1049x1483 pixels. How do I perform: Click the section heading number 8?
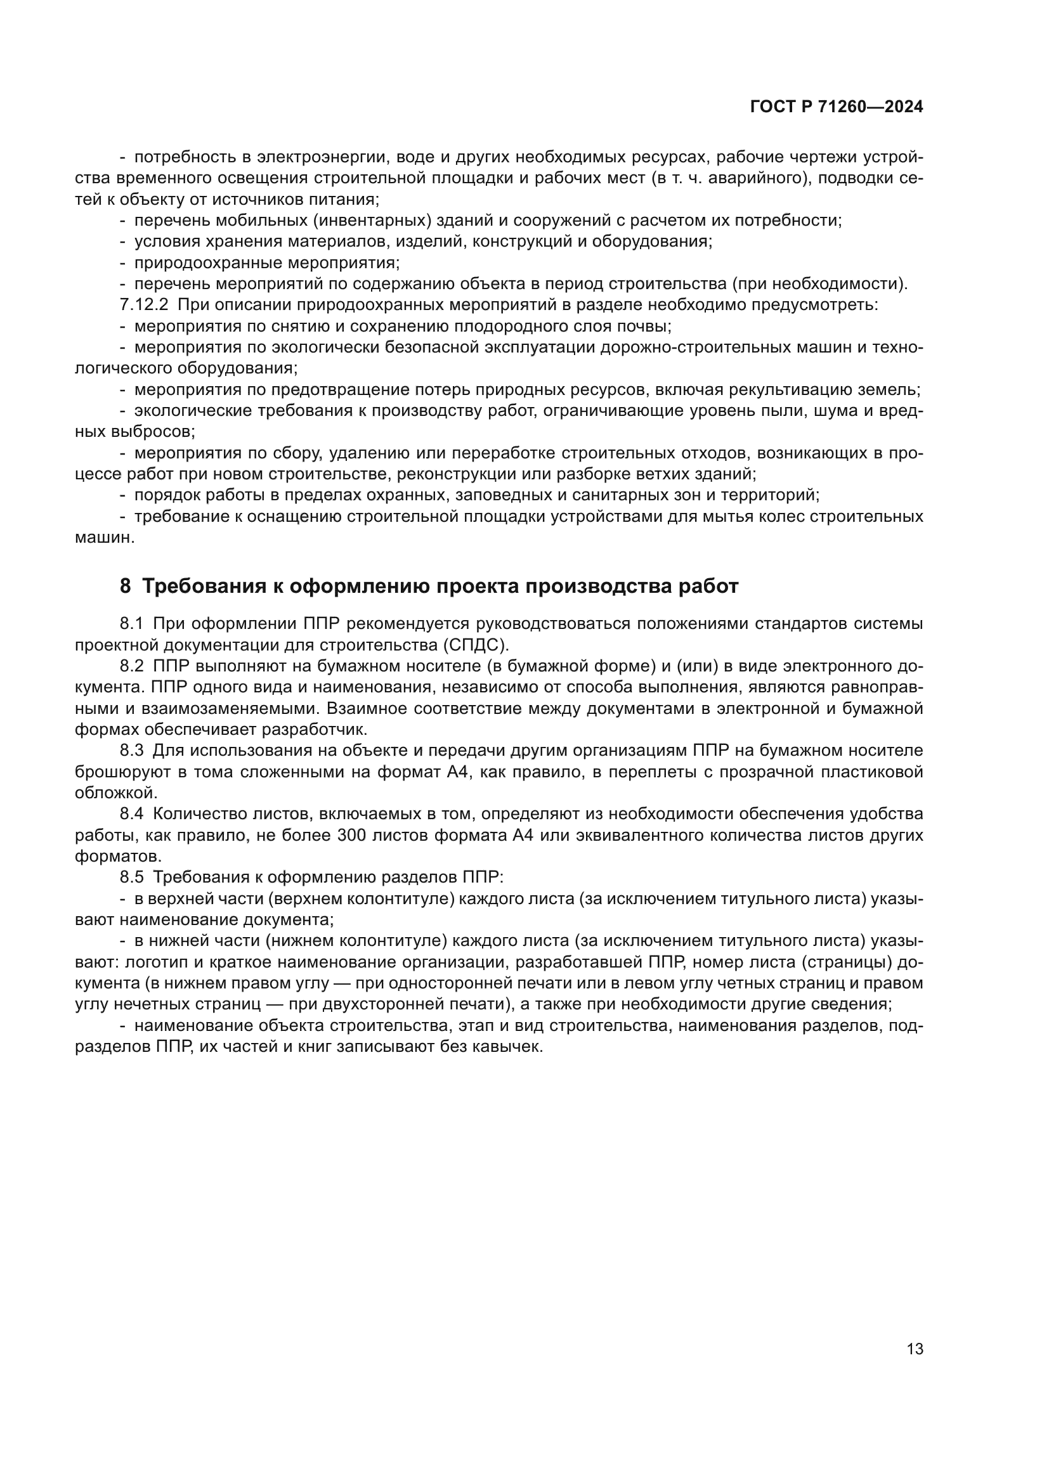pos(126,586)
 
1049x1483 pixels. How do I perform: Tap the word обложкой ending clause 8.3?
pos(115,793)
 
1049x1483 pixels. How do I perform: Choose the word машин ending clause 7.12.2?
pos(104,538)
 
